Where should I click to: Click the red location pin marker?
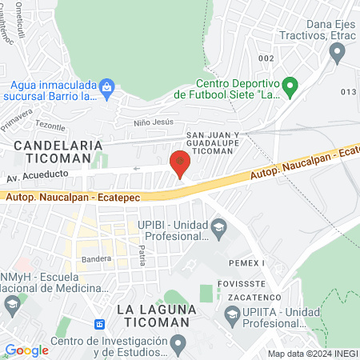[x=181, y=164]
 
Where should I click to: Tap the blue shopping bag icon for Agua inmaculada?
[x=107, y=85]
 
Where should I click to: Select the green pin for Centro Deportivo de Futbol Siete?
[x=291, y=84]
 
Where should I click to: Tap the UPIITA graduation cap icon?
[x=231, y=314]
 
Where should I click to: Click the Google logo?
[x=26, y=350]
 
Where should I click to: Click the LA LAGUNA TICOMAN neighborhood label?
[x=152, y=315]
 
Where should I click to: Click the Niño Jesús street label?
[x=152, y=123]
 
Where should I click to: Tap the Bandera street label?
[x=95, y=259]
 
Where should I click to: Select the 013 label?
[x=346, y=92]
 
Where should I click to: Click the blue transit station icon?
[x=100, y=324]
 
